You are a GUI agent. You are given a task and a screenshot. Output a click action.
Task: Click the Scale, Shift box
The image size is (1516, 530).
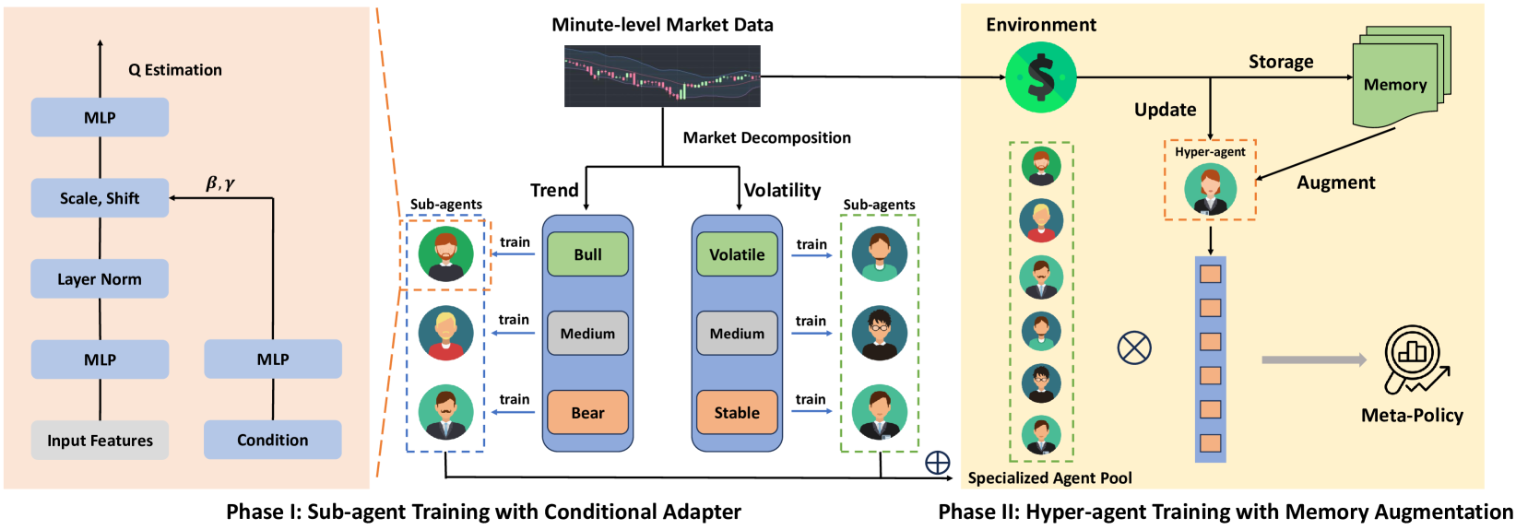coord(100,197)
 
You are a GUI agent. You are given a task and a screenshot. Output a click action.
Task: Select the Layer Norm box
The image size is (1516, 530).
coord(100,279)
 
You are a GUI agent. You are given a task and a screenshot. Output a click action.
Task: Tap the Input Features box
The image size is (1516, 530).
coord(100,440)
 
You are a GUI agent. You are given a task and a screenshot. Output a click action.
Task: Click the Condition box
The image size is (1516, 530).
coord(273,440)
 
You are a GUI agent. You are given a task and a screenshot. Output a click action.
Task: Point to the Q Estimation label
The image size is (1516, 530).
coord(175,70)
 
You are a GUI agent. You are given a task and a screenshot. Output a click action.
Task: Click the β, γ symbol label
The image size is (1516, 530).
coord(220,183)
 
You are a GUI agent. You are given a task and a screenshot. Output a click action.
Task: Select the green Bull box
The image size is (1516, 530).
coord(587,254)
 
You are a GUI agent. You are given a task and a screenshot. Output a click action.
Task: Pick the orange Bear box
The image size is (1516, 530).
coord(587,412)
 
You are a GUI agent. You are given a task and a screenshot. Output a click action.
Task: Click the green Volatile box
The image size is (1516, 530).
coord(737,254)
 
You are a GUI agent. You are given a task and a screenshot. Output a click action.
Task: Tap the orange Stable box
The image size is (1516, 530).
coord(737,412)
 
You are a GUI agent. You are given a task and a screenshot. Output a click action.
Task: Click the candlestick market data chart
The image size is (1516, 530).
coord(663,76)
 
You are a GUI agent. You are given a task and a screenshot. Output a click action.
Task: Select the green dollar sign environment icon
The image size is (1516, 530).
coord(1041,77)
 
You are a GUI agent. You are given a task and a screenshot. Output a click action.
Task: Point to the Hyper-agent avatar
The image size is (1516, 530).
coord(1210,191)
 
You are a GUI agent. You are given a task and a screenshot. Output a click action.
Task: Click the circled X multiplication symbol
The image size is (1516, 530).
coord(1134,347)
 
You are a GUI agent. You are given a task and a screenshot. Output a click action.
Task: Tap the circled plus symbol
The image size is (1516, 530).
coord(937,463)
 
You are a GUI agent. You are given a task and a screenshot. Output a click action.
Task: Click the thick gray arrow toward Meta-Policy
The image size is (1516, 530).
coord(1314,360)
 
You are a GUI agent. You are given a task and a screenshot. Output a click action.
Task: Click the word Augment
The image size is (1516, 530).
coord(1336,183)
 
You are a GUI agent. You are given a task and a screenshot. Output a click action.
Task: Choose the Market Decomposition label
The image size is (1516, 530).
coord(767,137)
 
